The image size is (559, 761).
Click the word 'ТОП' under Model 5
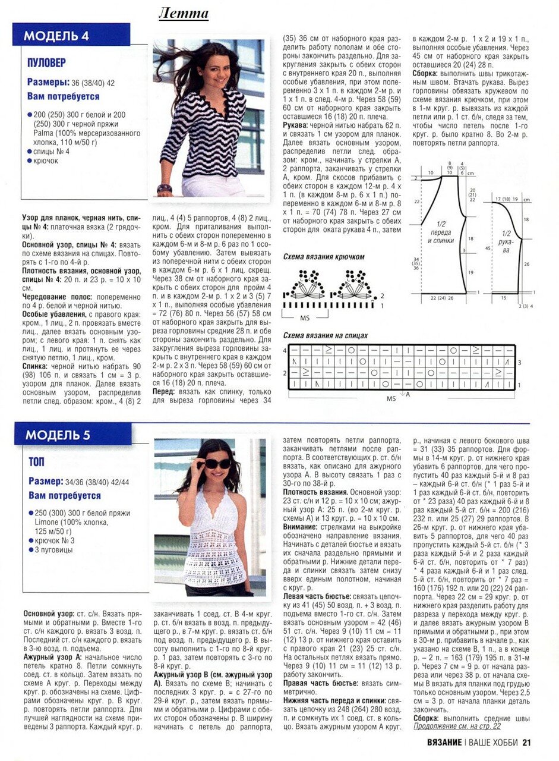tap(36, 462)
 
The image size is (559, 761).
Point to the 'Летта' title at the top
tap(184, 13)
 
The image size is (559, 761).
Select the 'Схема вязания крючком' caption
tap(324, 257)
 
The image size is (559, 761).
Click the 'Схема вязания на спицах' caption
tap(326, 335)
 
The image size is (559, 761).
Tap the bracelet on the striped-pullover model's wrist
tap(165, 188)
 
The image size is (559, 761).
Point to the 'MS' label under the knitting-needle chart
tap(391, 398)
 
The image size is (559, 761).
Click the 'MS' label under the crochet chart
tap(305, 318)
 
